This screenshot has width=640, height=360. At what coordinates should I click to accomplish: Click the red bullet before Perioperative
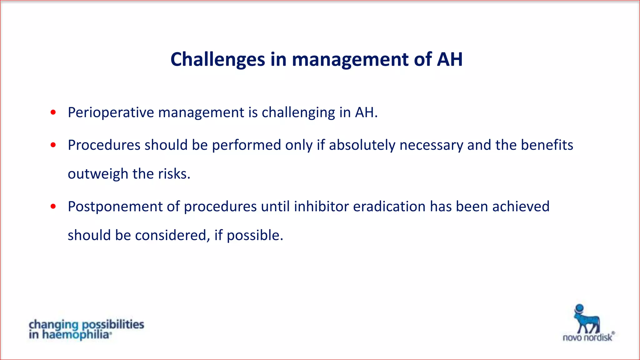(x=53, y=112)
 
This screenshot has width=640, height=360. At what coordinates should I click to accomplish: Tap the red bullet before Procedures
(x=53, y=145)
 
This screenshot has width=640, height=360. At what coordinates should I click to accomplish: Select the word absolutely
(x=362, y=145)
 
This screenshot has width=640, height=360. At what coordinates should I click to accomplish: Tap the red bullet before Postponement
(x=53, y=207)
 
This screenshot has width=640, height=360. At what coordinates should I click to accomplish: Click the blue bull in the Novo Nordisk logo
(x=587, y=322)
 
